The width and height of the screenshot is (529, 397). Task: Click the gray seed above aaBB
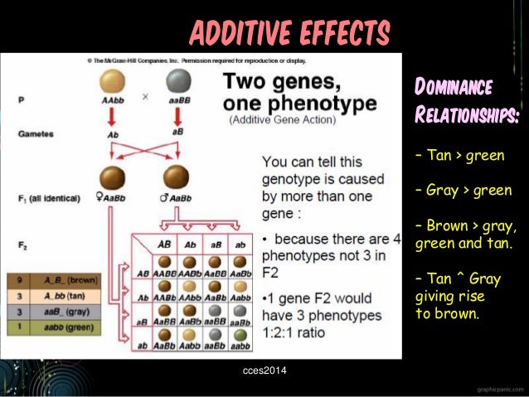(177, 81)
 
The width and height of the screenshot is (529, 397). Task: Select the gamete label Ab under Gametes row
(112, 133)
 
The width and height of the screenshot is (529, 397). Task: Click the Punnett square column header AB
(164, 244)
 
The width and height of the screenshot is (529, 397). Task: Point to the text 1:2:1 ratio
(301, 332)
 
